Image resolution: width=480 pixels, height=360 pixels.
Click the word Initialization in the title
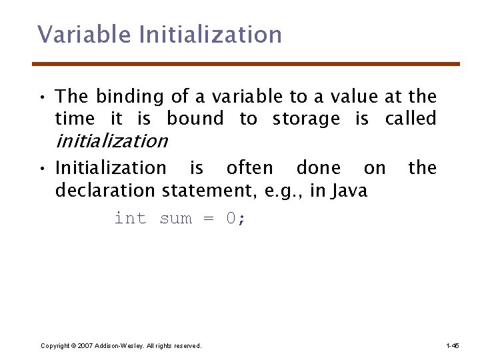pos(211,34)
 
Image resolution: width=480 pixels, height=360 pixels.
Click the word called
pos(411,119)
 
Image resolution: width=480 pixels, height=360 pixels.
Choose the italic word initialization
pos(111,141)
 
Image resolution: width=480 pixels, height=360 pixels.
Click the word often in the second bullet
pos(249,168)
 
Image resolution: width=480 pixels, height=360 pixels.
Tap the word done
pos(318,168)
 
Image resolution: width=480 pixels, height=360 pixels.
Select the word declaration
pos(106,191)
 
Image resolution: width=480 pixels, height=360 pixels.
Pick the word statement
pos(211,191)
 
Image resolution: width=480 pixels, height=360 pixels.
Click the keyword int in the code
pos(131,219)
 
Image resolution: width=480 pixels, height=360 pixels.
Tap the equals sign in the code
pos(208,219)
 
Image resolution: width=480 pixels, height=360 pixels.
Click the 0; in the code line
pos(236,219)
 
